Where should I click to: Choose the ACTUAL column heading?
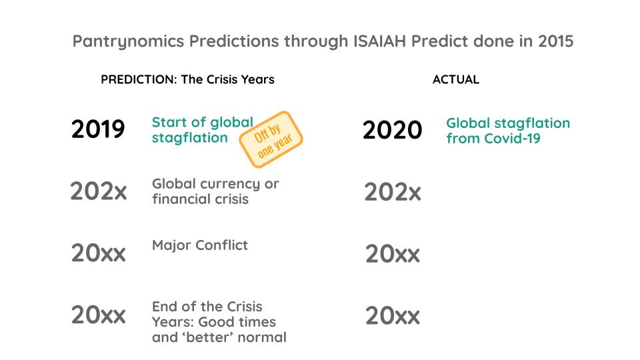pos(455,79)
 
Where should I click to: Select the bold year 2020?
pos(392,131)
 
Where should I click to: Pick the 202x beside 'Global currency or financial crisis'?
pos(98,192)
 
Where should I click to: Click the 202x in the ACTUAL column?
pos(392,193)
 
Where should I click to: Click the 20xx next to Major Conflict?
pos(98,253)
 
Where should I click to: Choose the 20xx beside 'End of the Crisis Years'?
pos(98,315)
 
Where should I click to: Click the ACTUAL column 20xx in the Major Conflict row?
pos(392,254)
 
